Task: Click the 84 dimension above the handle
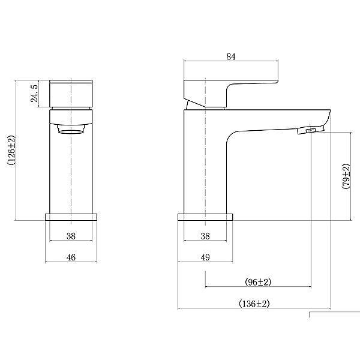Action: click(x=231, y=56)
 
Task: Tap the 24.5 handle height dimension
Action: click(x=34, y=94)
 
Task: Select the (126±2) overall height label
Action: click(x=11, y=150)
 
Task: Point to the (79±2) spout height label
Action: click(x=346, y=176)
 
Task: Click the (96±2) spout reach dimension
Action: click(x=258, y=282)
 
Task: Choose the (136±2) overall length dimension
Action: click(x=254, y=304)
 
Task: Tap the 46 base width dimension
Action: click(x=71, y=257)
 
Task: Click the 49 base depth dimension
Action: click(x=205, y=257)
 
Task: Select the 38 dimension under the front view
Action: click(x=71, y=236)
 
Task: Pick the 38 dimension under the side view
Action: click(x=205, y=236)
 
